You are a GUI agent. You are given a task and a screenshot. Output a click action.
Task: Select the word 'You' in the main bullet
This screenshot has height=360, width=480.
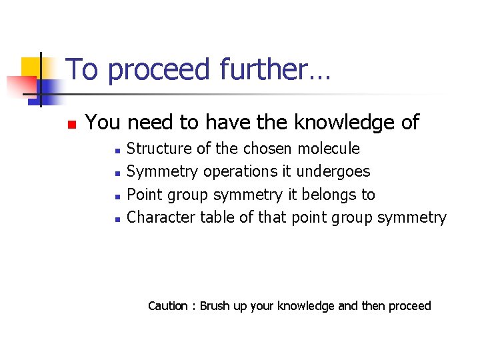[103, 123]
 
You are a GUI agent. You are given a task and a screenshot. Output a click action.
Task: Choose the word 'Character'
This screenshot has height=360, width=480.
[159, 217]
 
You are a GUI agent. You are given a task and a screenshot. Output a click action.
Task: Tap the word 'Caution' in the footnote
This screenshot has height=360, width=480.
[167, 306]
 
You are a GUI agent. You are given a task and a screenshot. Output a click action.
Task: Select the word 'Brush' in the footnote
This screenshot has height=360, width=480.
[215, 306]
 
